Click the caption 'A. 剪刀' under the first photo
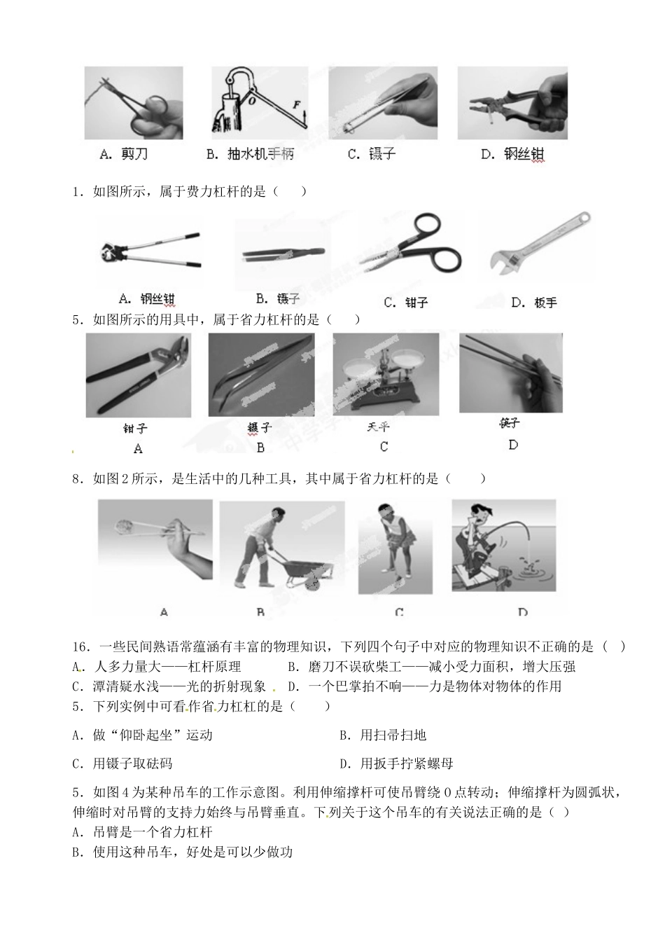pos(124,154)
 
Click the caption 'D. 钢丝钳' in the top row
pos(512,154)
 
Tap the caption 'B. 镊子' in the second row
pos(278,299)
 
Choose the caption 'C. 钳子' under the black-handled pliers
pos(406,303)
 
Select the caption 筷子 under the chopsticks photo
pos(510,423)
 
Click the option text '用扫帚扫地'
pos(393,735)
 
